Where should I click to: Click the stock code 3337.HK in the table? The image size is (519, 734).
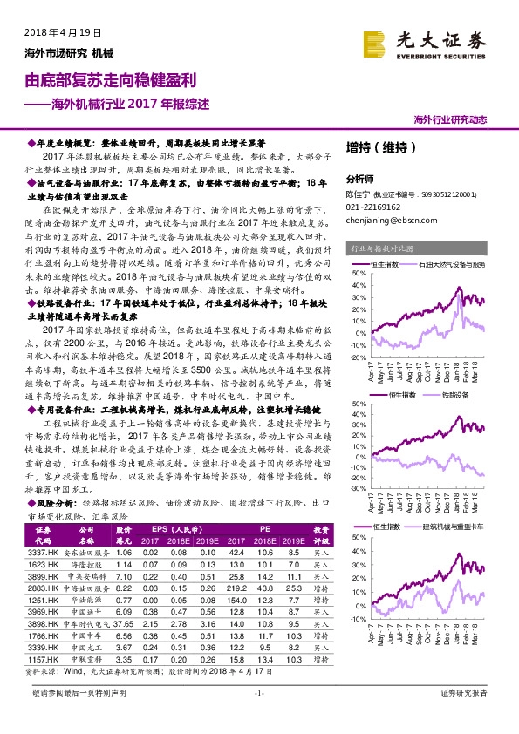coord(43,552)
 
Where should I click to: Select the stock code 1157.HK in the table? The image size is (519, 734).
coord(43,660)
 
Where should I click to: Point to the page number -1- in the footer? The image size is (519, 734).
coord(258,717)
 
